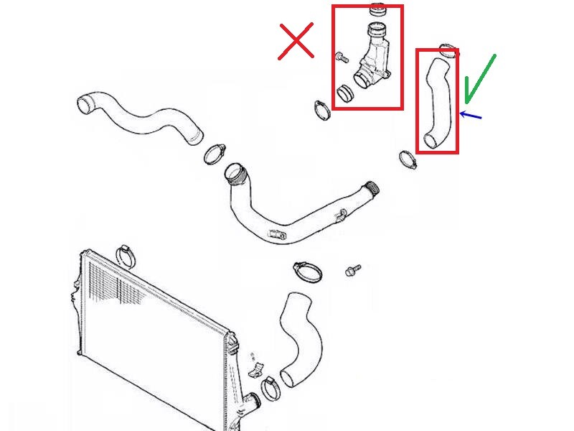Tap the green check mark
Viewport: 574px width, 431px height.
click(479, 79)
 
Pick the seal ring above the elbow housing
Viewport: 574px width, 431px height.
click(377, 11)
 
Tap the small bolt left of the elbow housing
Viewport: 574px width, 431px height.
click(342, 57)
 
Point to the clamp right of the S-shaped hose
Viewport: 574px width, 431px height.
click(215, 153)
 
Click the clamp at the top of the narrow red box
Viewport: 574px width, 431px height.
click(448, 52)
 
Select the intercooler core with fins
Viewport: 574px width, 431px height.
click(151, 338)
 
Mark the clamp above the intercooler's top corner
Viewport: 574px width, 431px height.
click(128, 253)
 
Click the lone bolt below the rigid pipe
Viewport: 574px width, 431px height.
click(352, 270)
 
